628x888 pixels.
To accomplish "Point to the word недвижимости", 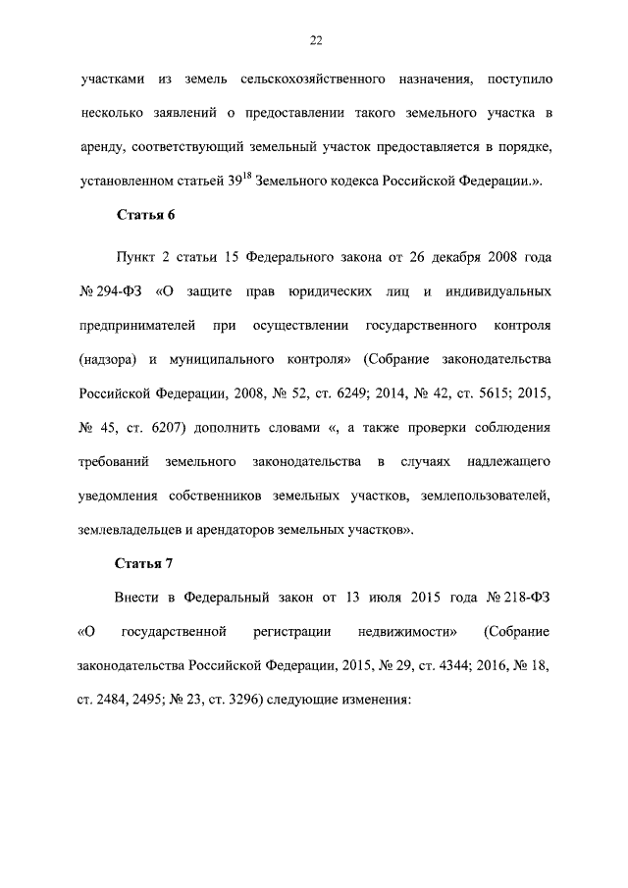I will point(402,631).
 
